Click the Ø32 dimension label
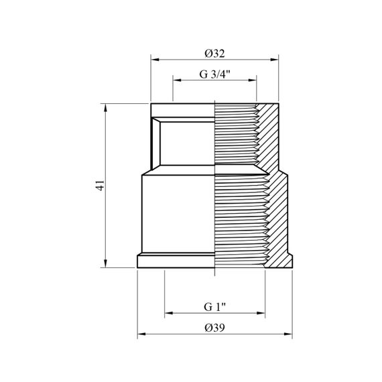(x=214, y=54)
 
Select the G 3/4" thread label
(x=214, y=74)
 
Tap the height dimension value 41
(x=100, y=186)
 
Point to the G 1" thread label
(x=214, y=307)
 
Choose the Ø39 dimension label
(x=214, y=328)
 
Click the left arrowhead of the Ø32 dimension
(x=155, y=60)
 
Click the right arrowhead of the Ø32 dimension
(x=274, y=60)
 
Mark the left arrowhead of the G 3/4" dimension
(x=177, y=80)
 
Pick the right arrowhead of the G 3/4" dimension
(x=253, y=80)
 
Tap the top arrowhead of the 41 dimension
(x=105, y=108)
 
